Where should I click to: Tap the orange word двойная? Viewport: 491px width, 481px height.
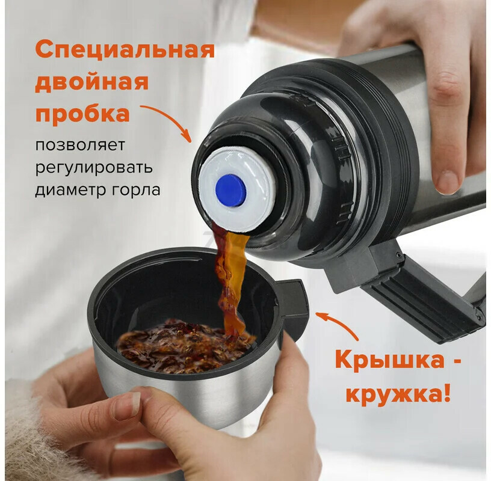91,82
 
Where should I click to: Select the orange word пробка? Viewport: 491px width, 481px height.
82,113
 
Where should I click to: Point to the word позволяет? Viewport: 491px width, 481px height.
80,145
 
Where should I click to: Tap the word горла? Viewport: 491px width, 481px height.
135,190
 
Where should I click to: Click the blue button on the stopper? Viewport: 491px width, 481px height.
231,191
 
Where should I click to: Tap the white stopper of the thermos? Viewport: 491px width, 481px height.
234,189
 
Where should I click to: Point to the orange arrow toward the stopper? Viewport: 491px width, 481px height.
169,120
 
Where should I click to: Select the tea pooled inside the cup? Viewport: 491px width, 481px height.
185,346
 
